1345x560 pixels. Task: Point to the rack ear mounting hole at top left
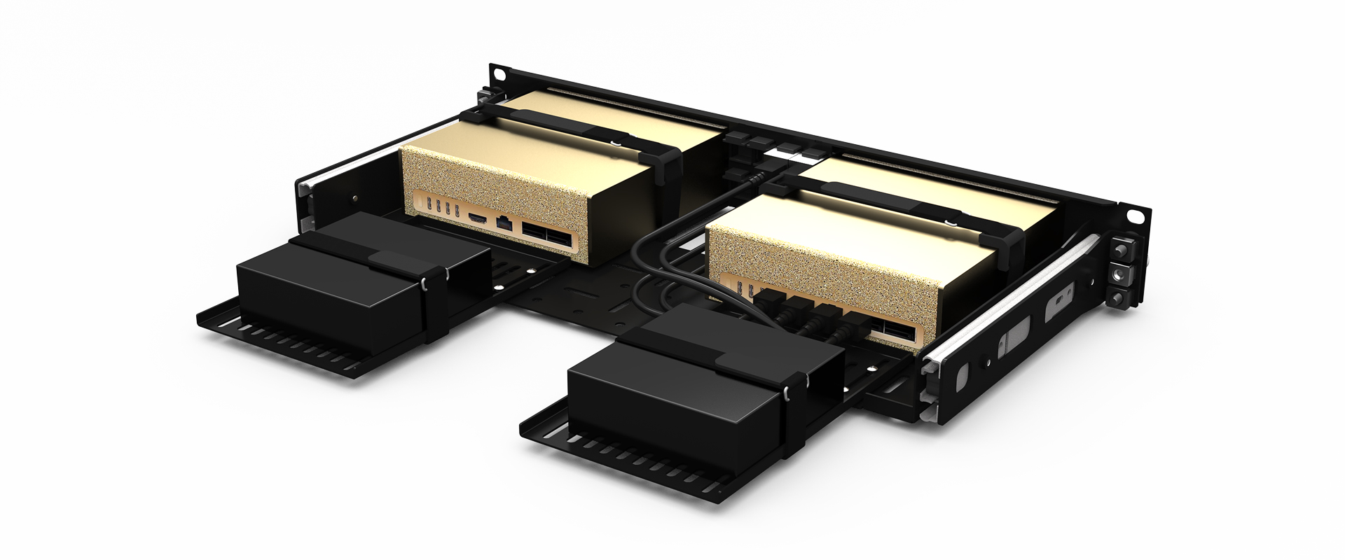point(498,73)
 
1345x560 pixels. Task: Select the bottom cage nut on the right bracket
point(1119,298)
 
